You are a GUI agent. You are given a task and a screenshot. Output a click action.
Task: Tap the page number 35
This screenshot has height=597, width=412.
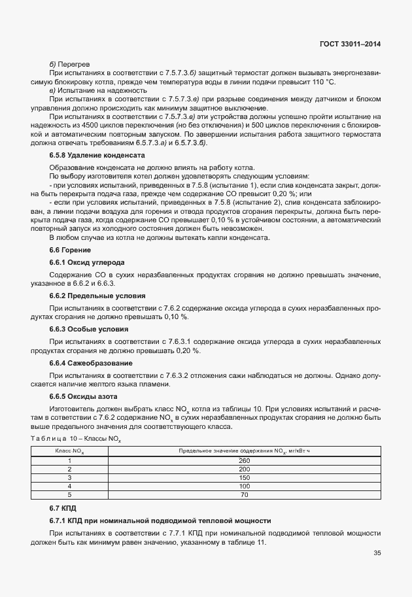point(377,553)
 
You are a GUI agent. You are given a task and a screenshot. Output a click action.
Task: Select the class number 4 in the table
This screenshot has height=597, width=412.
point(69,486)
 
